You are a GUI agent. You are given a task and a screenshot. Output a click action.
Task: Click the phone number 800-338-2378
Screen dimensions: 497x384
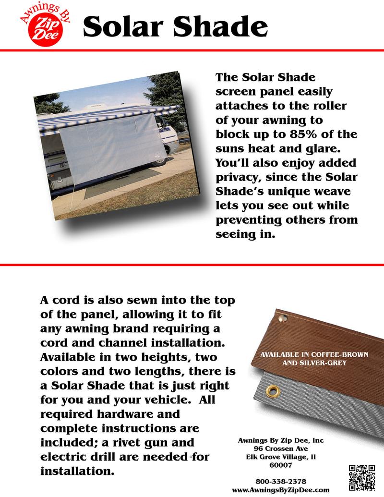[282, 481]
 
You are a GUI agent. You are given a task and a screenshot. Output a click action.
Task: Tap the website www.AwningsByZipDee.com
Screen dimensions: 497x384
[281, 490]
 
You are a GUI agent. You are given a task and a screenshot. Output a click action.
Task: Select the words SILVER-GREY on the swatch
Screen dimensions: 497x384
[326, 363]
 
